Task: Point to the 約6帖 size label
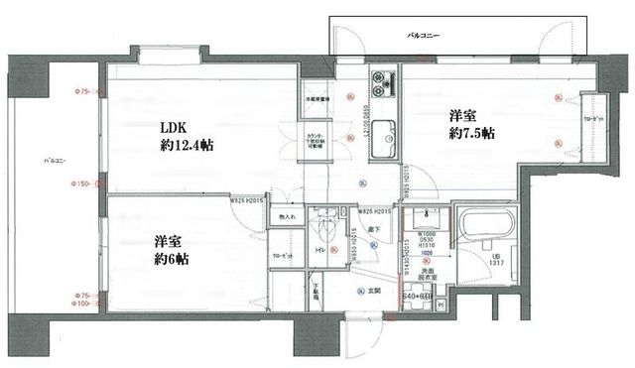(x=171, y=258)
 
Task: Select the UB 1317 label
(x=499, y=262)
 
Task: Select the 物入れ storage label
(x=287, y=216)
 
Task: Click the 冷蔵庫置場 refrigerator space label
(x=318, y=100)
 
